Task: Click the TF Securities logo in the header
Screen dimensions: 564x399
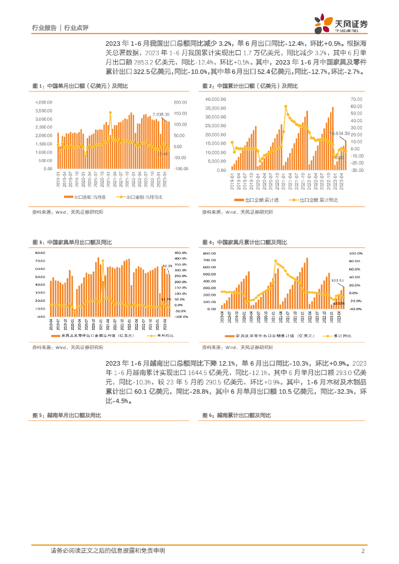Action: (x=341, y=23)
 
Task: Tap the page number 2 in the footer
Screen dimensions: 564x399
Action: (x=363, y=550)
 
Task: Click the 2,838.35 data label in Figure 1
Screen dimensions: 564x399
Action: (x=161, y=113)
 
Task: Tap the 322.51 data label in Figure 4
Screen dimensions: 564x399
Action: (x=337, y=280)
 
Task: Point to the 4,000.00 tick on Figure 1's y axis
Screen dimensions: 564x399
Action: (x=45, y=102)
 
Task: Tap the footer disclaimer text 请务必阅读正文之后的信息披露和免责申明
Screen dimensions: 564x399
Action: (x=107, y=550)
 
